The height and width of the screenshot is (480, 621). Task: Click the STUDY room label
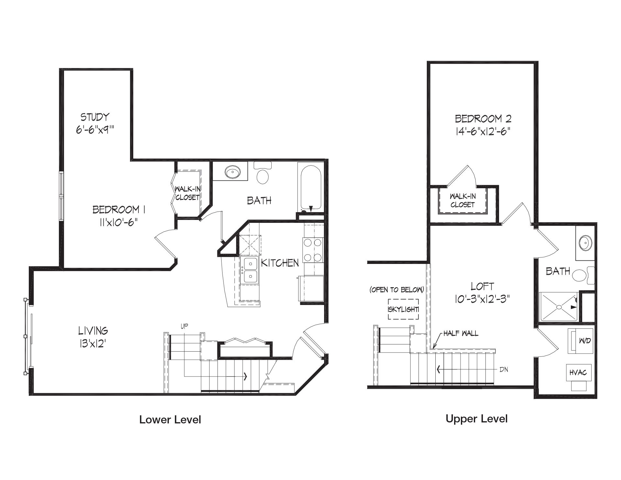[95, 117]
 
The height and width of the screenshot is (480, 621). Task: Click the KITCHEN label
[280, 263]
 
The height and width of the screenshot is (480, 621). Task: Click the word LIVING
[93, 331]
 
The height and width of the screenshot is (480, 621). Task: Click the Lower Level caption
[170, 420]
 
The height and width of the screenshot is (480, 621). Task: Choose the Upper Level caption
[476, 419]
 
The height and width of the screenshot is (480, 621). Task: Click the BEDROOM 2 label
[483, 119]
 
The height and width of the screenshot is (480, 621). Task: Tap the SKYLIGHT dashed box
[403, 309]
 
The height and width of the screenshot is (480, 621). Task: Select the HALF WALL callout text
[461, 333]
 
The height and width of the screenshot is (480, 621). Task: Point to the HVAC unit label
[578, 373]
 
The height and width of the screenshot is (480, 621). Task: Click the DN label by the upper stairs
[504, 369]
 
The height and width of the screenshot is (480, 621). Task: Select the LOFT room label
[482, 286]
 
